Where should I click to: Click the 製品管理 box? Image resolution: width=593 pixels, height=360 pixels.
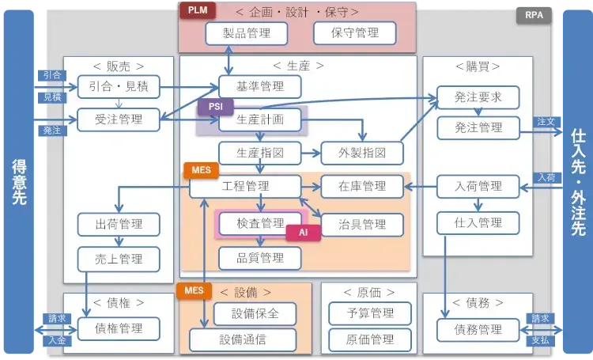point(237,33)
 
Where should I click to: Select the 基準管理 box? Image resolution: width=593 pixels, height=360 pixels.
point(259,86)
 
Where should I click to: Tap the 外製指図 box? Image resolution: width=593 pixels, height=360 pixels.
point(362,152)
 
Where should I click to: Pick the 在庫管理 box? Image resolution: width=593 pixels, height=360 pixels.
point(362,187)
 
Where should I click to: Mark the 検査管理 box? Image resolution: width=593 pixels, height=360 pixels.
point(259,224)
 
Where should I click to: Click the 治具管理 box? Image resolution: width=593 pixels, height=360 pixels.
point(362,224)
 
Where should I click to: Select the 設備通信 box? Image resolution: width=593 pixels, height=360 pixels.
point(255,340)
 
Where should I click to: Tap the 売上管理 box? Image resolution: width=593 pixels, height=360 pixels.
point(119,258)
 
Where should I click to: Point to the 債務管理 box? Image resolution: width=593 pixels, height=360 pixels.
point(478,329)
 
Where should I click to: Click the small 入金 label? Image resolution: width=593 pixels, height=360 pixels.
point(56,341)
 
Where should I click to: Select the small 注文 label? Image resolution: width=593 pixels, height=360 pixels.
point(546,122)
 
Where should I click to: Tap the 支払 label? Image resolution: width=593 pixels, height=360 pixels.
point(540,341)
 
